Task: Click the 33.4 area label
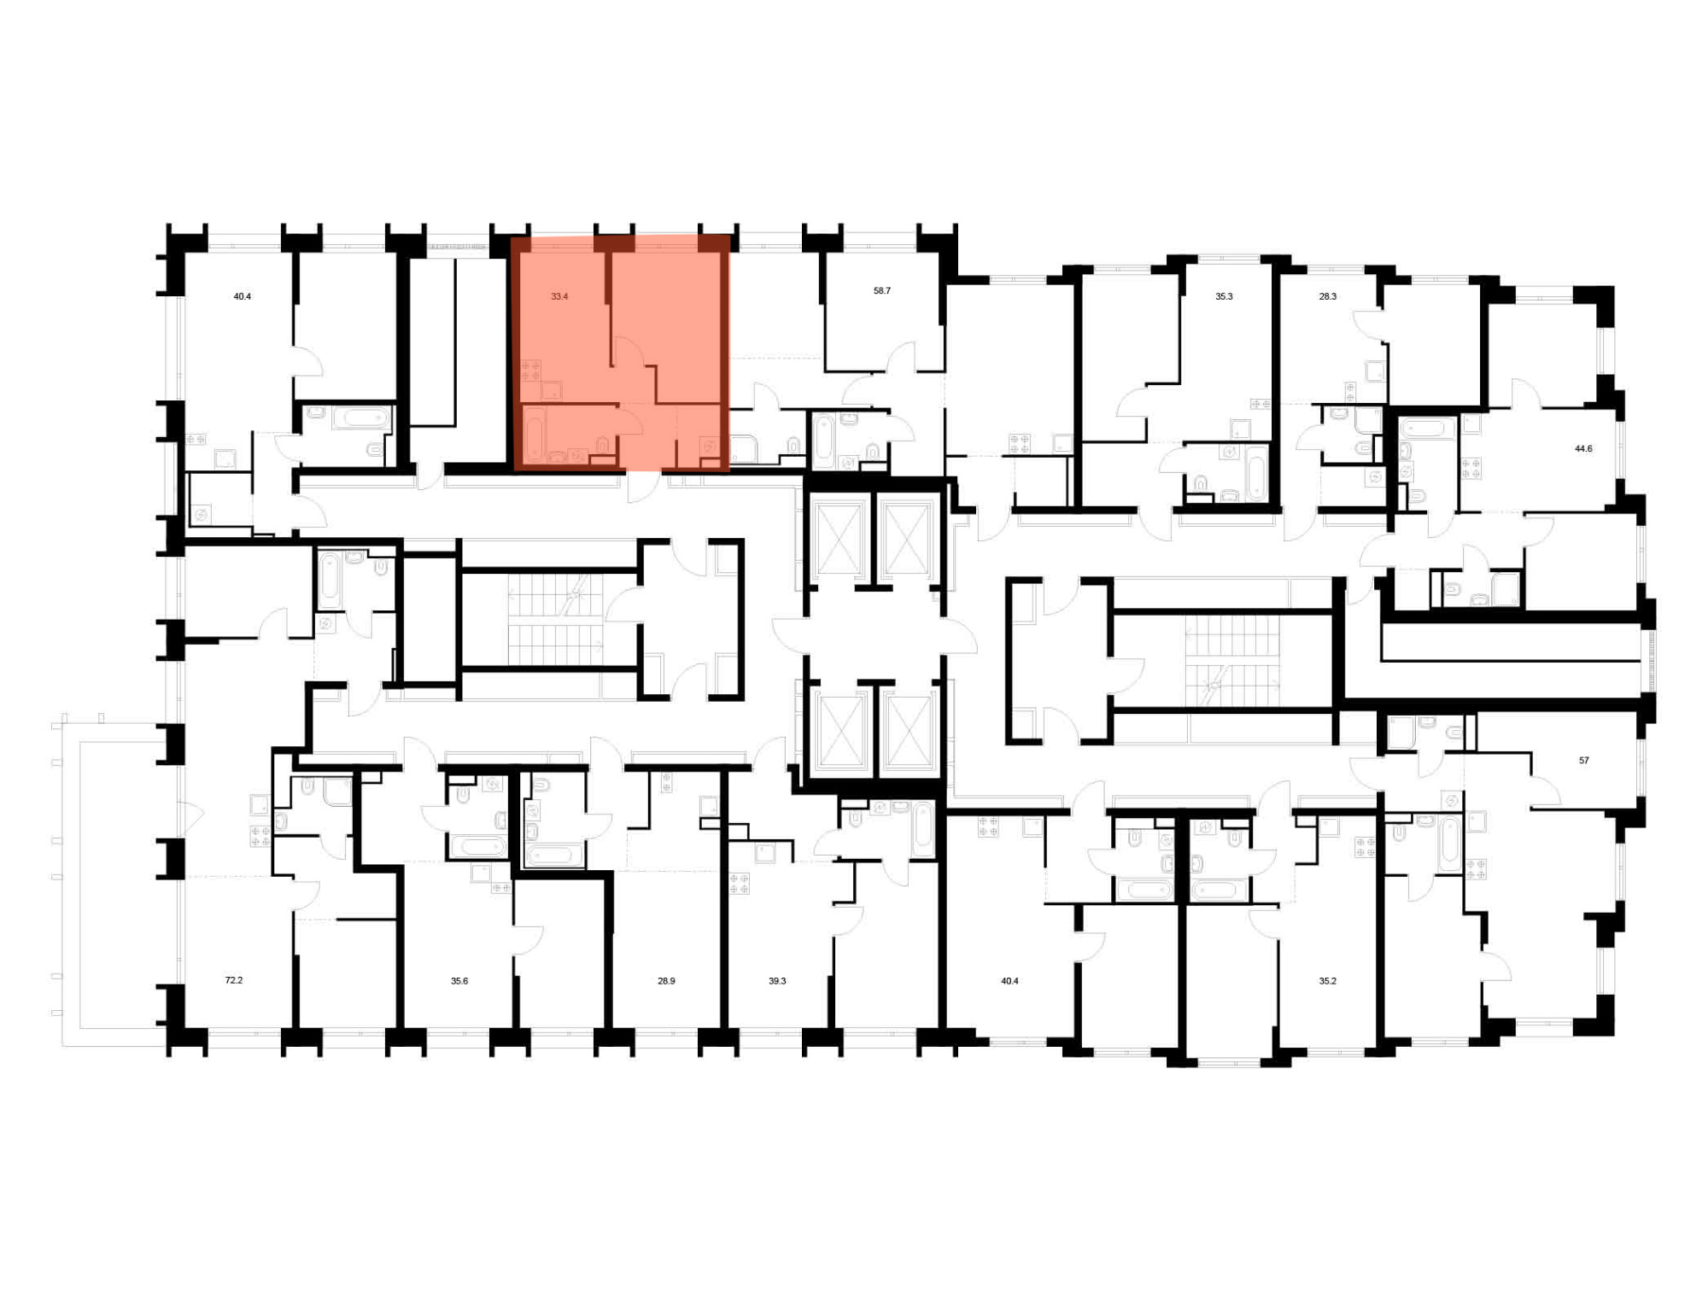[559, 297]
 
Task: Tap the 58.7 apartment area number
[882, 291]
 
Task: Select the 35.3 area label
[1224, 297]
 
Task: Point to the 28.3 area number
[1328, 297]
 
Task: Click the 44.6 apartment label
[1583, 448]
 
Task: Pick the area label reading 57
[1584, 760]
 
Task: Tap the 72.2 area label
[234, 980]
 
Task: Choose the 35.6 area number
[459, 981]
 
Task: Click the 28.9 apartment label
[666, 981]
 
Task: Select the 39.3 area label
[777, 981]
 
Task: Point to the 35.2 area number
[1327, 981]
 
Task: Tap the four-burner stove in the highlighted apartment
[531, 371]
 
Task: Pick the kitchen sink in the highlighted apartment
[553, 390]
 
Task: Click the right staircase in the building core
[1231, 662]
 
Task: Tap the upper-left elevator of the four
[839, 539]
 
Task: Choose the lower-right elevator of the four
[908, 731]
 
